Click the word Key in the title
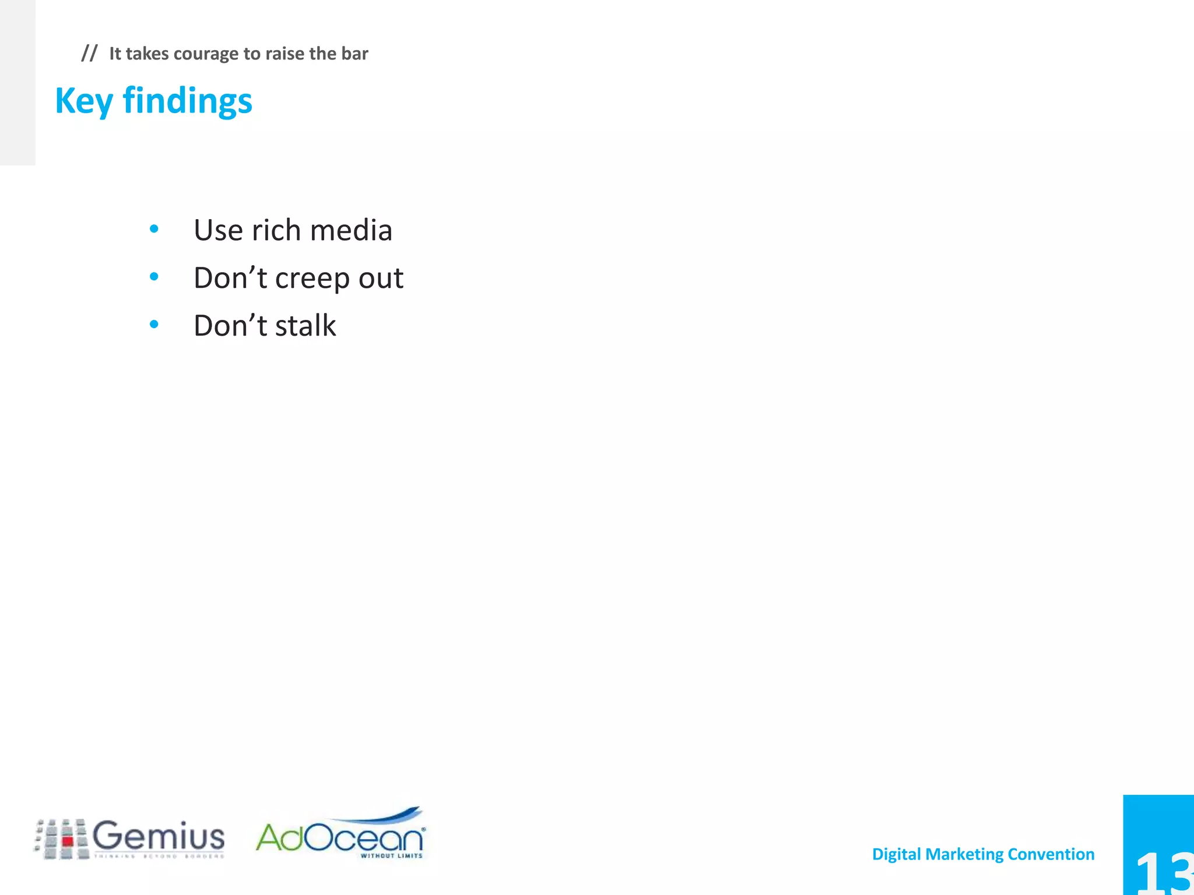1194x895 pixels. click(83, 101)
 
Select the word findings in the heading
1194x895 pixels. click(187, 101)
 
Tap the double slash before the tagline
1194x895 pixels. click(89, 53)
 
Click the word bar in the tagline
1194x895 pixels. click(354, 54)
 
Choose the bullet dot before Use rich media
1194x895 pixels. click(154, 229)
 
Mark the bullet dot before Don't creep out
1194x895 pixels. click(154, 277)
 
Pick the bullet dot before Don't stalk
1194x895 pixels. click(154, 325)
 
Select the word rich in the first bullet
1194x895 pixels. click(276, 230)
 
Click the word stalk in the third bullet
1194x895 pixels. click(305, 326)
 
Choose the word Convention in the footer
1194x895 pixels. click(1051, 854)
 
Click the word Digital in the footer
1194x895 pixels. click(896, 854)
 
